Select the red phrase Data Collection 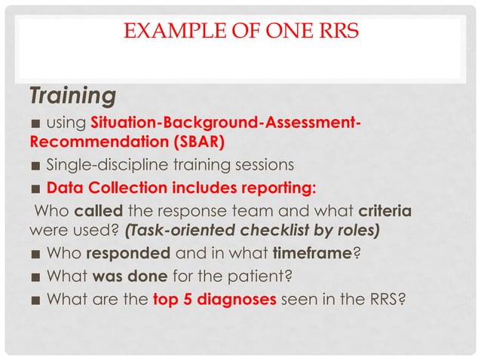(115, 186)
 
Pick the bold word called (98, 209)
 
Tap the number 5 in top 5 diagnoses (180, 299)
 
